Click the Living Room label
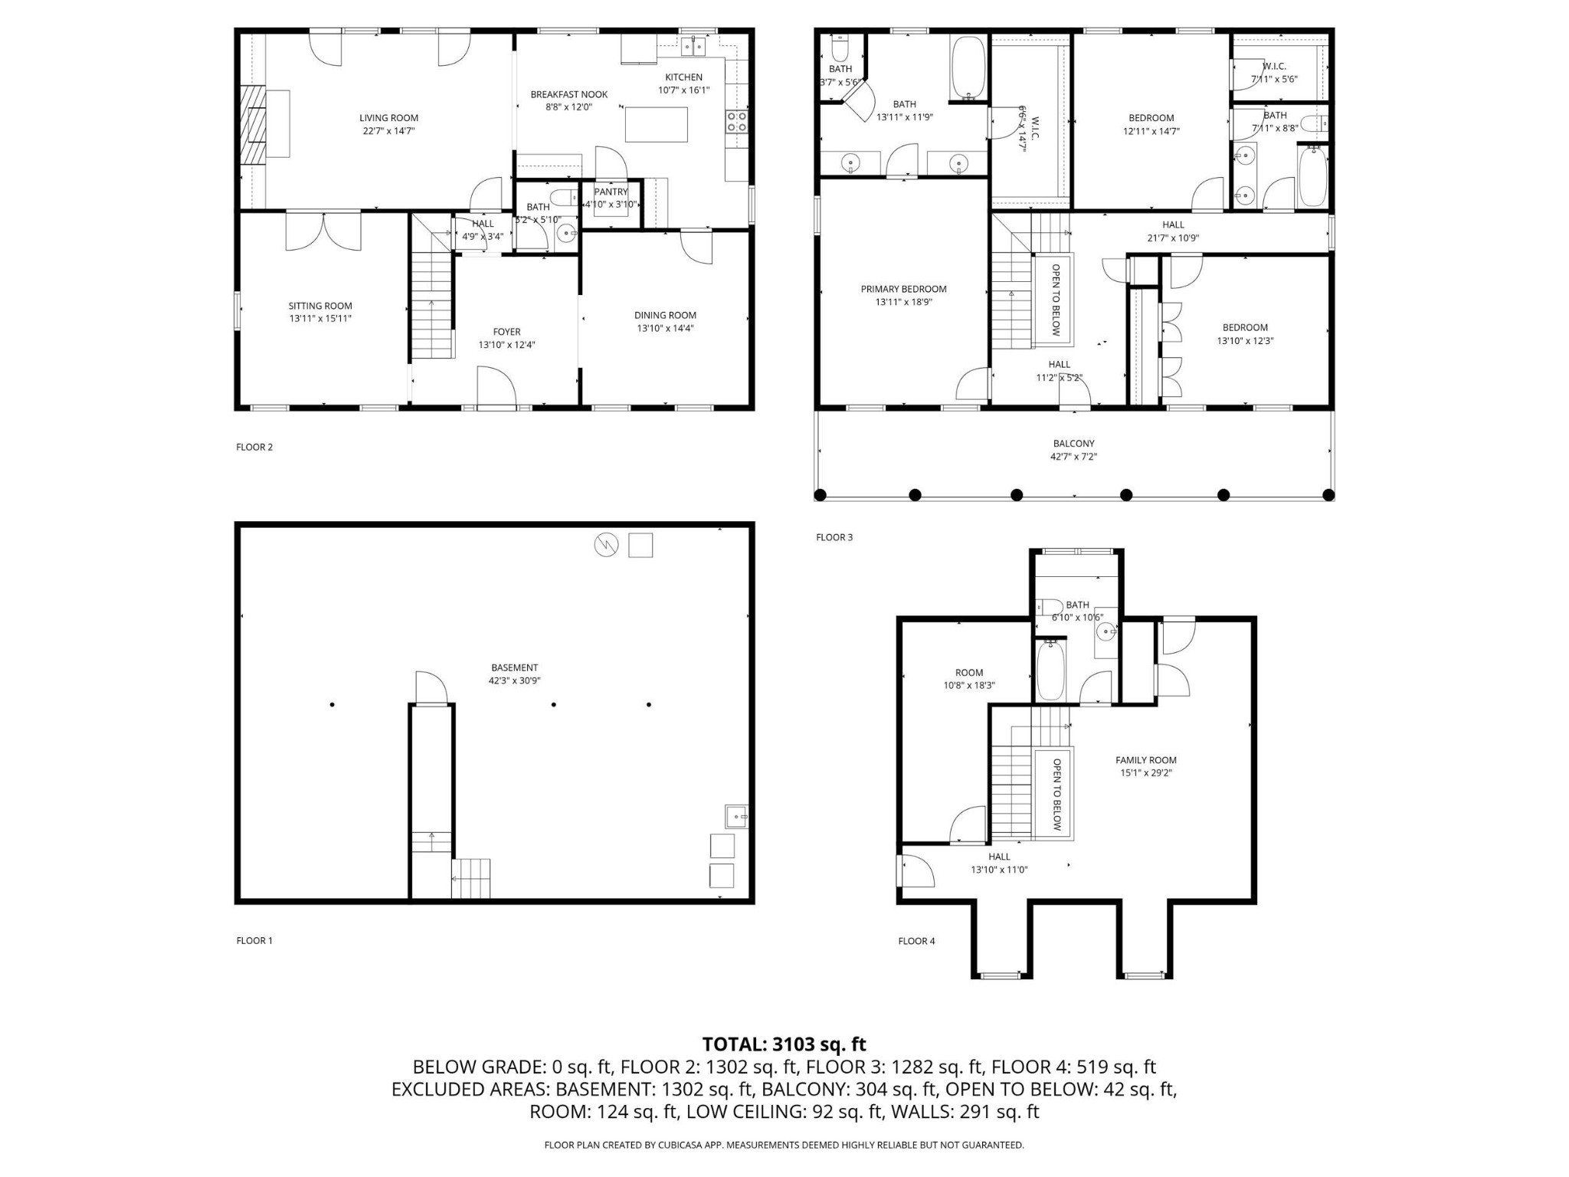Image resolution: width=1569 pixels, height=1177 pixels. point(388,118)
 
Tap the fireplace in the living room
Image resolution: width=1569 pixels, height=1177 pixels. point(254,124)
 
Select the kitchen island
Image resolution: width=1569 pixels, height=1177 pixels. point(656,125)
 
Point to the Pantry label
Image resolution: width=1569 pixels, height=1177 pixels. point(611,192)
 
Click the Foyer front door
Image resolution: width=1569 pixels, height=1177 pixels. point(496,385)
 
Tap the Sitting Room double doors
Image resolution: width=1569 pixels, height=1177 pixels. point(323,231)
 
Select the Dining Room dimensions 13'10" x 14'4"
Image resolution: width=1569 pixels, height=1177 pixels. point(664,328)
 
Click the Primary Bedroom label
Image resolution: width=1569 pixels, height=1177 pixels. point(903,289)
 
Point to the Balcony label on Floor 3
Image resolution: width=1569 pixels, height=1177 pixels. point(1073,444)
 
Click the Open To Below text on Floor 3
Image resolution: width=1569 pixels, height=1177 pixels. point(1055,300)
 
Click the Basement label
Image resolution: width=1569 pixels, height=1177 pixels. point(514,667)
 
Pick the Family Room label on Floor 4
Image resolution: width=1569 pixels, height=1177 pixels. point(1145,760)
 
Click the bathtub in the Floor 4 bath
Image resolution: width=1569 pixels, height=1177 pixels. point(1050,670)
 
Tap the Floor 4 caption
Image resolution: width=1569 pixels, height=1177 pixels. point(916,941)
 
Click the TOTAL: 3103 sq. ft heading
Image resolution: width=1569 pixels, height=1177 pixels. point(784,1044)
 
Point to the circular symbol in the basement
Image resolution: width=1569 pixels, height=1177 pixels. point(606,546)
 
